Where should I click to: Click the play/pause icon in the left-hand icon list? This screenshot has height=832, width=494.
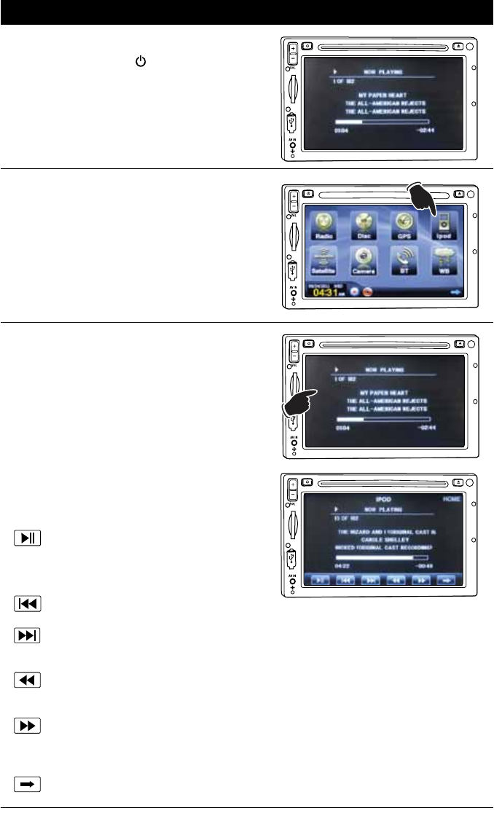pos(28,540)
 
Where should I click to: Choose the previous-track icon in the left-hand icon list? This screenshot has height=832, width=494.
pos(28,603)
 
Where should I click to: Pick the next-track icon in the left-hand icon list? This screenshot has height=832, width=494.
pos(28,636)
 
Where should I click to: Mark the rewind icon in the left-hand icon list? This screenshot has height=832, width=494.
pos(28,680)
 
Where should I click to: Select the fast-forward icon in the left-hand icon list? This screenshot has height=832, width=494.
pos(28,726)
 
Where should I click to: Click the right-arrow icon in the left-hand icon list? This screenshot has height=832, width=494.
pos(28,785)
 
